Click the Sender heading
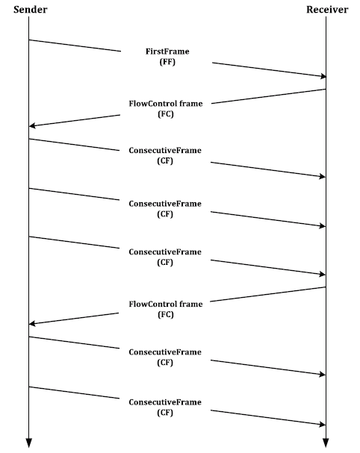(31, 10)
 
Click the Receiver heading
(327, 10)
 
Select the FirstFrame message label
(167, 51)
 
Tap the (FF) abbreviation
(167, 62)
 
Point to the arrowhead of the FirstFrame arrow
(323, 76)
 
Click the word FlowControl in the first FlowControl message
(152, 104)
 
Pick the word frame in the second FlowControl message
(191, 304)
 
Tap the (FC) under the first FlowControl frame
(166, 114)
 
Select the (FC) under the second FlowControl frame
(166, 314)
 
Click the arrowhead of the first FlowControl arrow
(32, 125)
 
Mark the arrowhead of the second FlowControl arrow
(32, 324)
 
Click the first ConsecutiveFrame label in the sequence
(165, 150)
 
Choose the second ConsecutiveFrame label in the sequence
(165, 204)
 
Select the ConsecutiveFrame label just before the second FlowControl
(165, 252)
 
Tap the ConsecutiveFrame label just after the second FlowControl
(165, 352)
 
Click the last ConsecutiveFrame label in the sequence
(165, 402)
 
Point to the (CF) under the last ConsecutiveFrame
(165, 413)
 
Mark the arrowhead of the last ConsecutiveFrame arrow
(323, 425)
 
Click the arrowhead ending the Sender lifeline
(28, 443)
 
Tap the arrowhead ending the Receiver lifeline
(326, 443)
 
